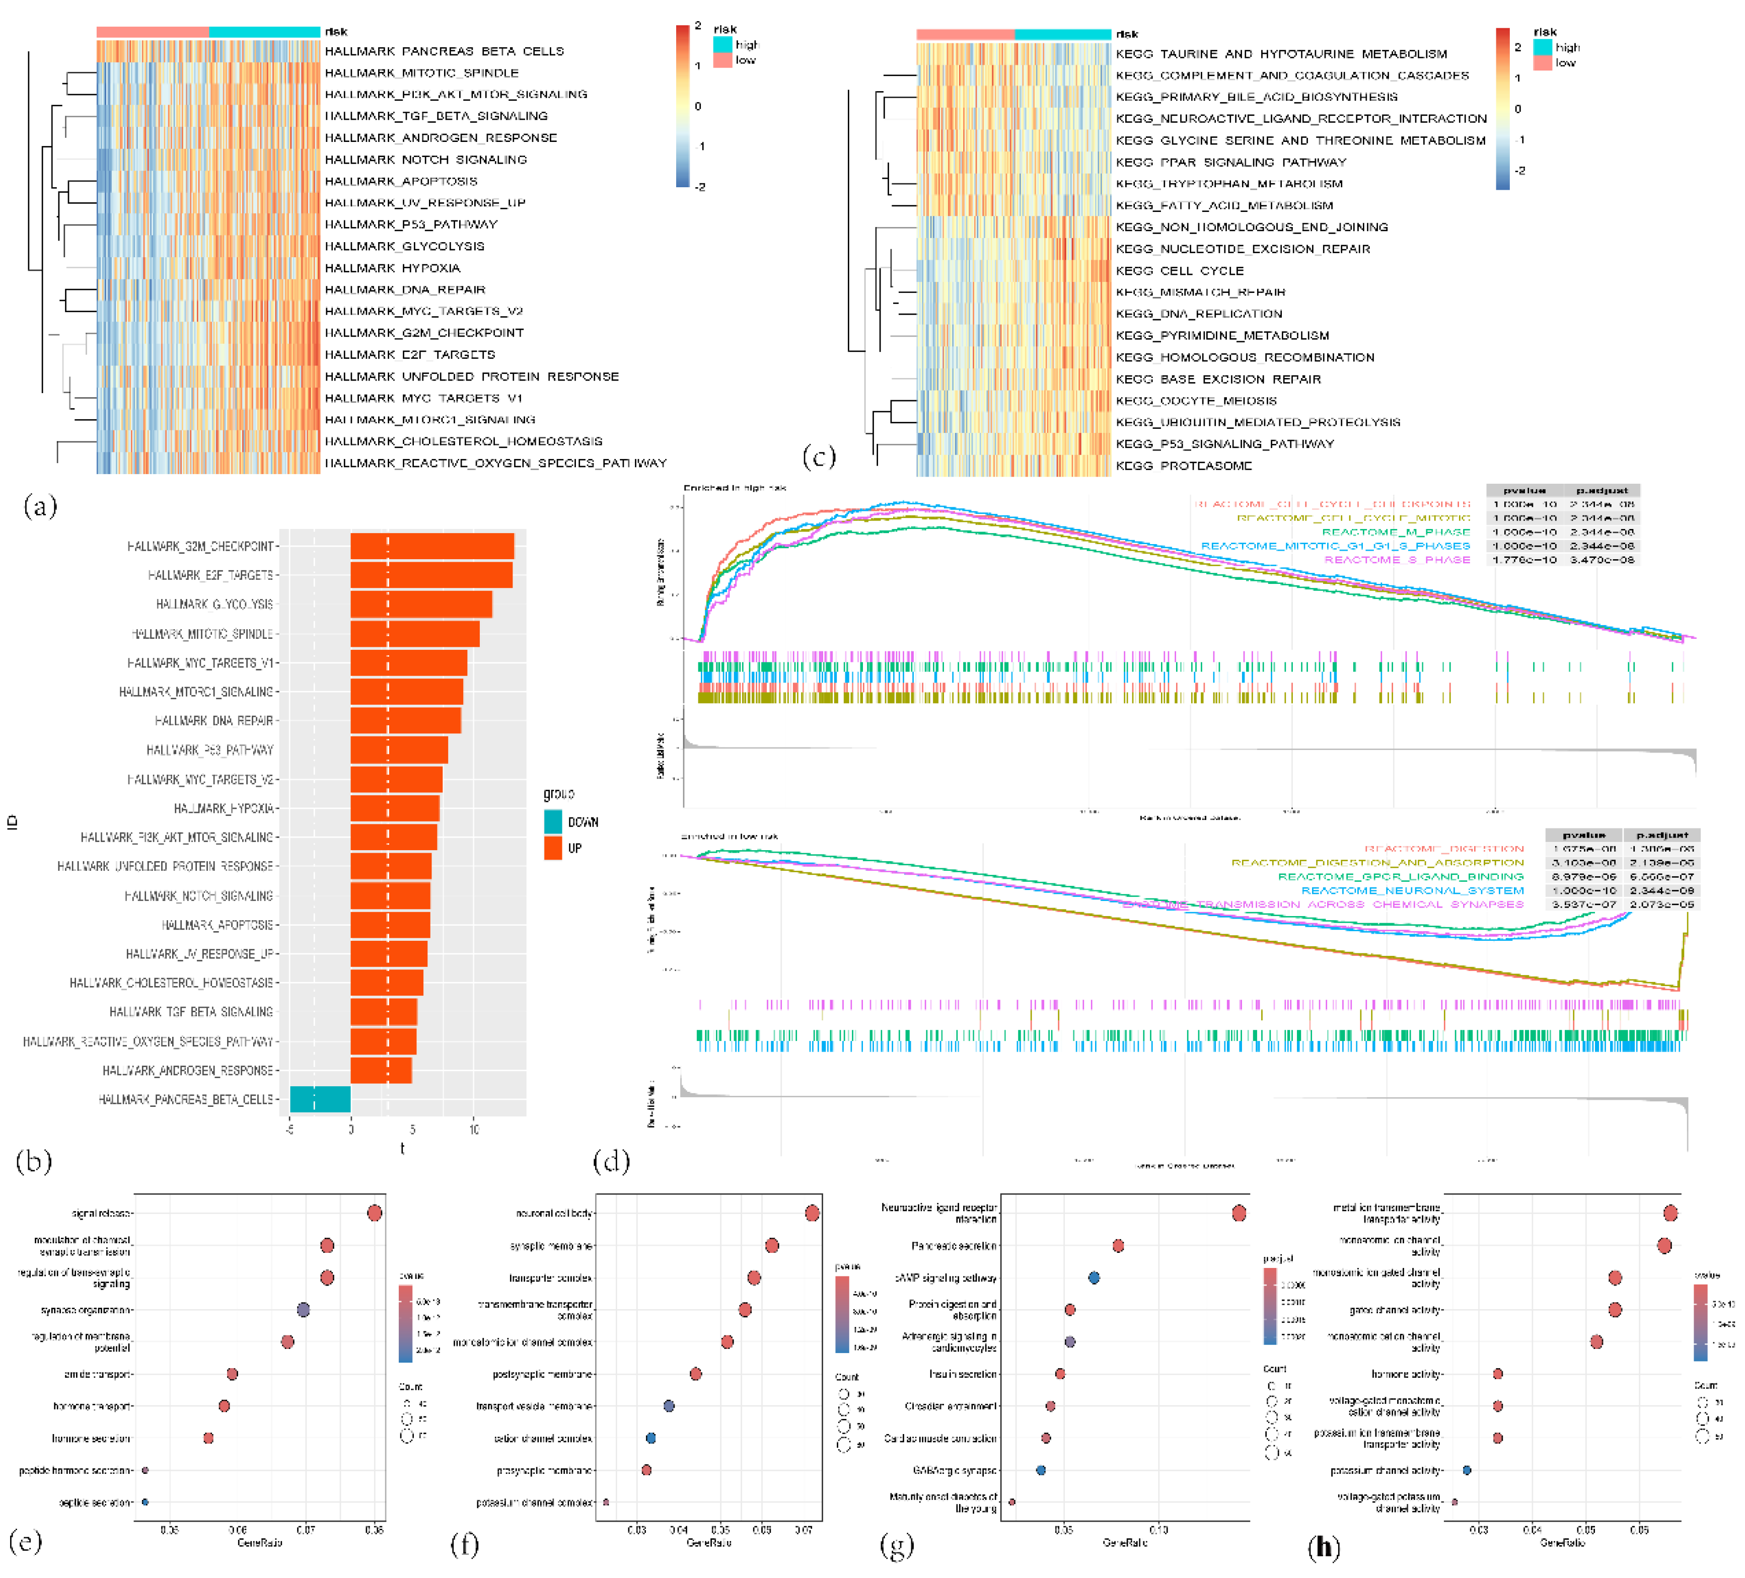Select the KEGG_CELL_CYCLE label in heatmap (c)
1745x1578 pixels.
tap(1179, 271)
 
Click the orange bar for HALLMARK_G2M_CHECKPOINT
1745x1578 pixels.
tap(432, 546)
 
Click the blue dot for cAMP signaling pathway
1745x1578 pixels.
tap(1094, 1278)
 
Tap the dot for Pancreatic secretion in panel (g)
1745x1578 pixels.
tap(1118, 1246)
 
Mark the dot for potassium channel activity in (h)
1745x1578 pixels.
tap(1466, 1470)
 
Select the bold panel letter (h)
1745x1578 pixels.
tap(1324, 1547)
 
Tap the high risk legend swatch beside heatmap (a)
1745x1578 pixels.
tap(722, 44)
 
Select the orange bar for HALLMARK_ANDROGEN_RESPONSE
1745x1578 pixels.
tap(381, 1071)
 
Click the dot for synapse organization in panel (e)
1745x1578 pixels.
tap(303, 1310)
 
